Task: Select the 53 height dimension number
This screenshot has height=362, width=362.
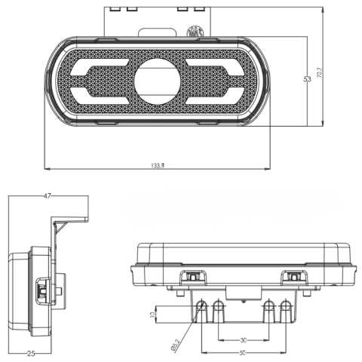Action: [x=308, y=79]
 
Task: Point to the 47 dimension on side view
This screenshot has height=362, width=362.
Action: [x=47, y=196]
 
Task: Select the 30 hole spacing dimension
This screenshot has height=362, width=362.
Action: [x=244, y=339]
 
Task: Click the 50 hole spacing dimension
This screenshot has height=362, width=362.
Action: [x=243, y=354]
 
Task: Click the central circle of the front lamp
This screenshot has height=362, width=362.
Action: [x=157, y=79]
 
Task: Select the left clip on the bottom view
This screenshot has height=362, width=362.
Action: [x=195, y=278]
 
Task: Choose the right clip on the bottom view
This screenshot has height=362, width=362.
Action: [x=293, y=278]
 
